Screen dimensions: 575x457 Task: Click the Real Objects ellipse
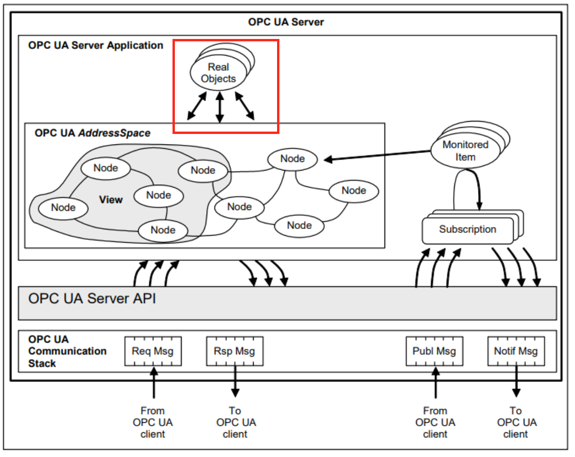[x=218, y=73]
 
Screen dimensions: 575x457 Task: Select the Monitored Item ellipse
[x=465, y=151]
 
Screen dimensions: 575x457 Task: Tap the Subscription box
[x=468, y=230]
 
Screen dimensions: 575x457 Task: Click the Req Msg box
[x=153, y=351]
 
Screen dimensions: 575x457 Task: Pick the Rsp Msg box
[x=235, y=351]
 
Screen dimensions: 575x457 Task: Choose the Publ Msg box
[x=434, y=351]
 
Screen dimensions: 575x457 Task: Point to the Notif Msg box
[x=516, y=351]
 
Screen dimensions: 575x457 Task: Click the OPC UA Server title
[x=286, y=22]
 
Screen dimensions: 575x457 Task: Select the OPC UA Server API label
[x=92, y=298]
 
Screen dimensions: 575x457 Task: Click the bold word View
[x=111, y=200]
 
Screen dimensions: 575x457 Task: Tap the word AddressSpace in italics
[x=115, y=133]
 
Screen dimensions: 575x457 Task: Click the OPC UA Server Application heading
[x=96, y=46]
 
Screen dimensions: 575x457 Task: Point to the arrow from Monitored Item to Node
[x=377, y=155]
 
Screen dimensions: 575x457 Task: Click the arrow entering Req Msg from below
[x=154, y=382]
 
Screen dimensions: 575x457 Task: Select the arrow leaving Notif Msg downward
[x=516, y=381]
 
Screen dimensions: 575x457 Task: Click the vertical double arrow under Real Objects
[x=220, y=107]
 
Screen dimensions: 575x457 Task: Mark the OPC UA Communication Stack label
[x=67, y=351]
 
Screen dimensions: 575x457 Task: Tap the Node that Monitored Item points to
[x=293, y=159]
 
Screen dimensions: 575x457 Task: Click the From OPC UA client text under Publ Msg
[x=435, y=422]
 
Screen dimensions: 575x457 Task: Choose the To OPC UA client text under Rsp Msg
[x=236, y=422]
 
